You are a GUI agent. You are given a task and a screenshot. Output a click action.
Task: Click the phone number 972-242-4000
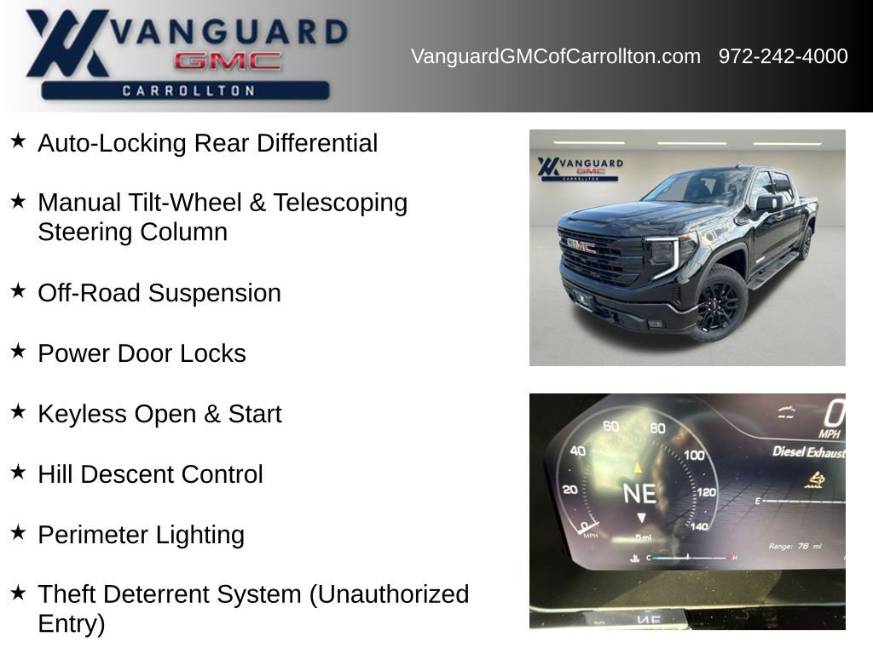click(x=783, y=56)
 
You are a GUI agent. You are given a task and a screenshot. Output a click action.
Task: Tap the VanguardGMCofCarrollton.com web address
click(x=556, y=56)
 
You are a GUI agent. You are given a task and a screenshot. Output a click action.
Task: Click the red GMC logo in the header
click(x=228, y=61)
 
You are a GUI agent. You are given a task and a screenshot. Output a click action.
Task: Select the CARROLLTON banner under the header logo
click(x=185, y=90)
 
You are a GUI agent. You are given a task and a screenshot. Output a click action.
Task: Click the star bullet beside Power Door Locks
click(x=19, y=351)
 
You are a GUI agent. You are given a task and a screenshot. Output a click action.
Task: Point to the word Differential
click(x=317, y=143)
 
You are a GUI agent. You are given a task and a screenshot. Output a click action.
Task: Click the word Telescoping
click(x=340, y=203)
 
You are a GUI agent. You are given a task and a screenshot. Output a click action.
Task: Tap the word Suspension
click(x=214, y=293)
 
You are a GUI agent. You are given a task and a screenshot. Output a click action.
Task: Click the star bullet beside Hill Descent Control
click(x=19, y=472)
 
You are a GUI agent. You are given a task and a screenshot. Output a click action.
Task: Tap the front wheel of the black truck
click(x=719, y=303)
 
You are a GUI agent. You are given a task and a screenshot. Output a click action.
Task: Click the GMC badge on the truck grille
click(x=580, y=245)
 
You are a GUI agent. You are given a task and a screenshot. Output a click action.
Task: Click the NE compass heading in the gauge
click(x=639, y=493)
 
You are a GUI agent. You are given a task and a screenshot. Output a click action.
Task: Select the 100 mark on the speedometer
click(x=694, y=456)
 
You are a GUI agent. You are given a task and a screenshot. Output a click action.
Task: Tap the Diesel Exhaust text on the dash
click(x=809, y=452)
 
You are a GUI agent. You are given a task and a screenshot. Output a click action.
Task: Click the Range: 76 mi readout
click(x=795, y=546)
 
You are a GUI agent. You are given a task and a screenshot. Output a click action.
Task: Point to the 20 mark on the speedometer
click(x=569, y=490)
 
